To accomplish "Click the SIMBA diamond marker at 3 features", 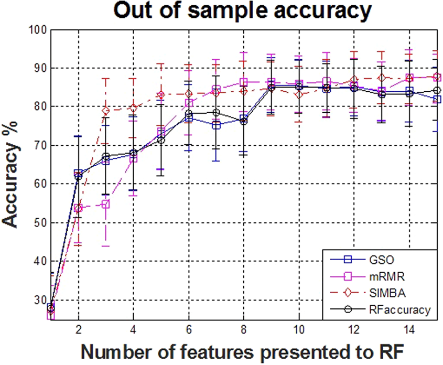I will (x=106, y=111).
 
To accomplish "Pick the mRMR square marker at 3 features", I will (x=106, y=205).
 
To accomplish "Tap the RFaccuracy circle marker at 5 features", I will (x=161, y=140).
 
